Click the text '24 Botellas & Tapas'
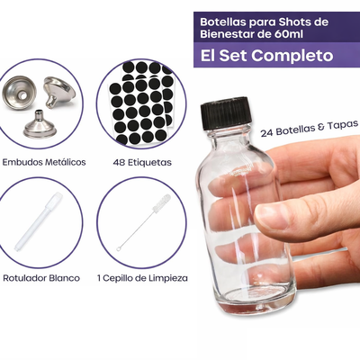[x=310, y=129]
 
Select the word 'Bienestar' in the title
[x=228, y=32]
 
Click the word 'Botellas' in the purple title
[x=226, y=19]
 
